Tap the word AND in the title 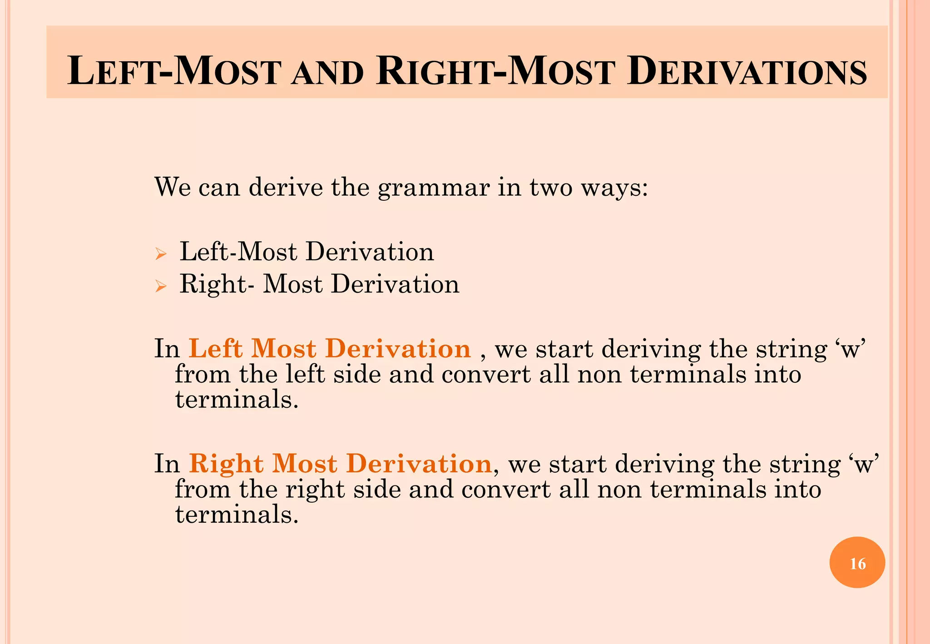327,74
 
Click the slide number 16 857,564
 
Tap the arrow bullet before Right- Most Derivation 161,286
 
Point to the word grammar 434,187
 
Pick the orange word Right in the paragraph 226,464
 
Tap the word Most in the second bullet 293,284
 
